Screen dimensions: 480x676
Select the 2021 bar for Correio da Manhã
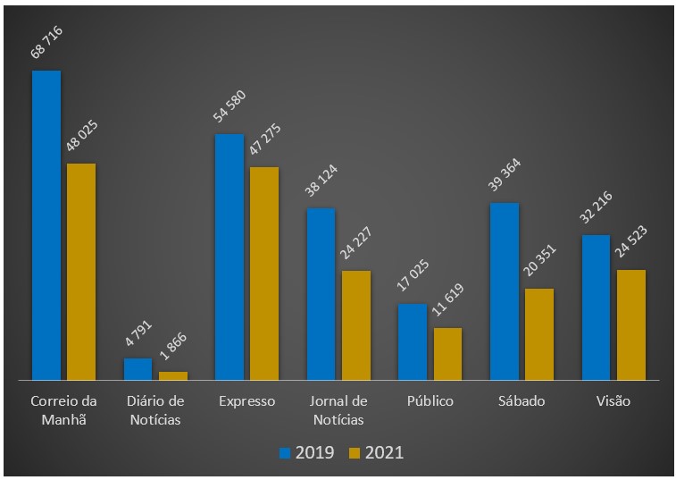coord(81,272)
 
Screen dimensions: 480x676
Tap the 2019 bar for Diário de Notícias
coord(138,369)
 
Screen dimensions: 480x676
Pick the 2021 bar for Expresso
coord(264,274)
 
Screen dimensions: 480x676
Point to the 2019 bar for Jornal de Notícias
coord(321,294)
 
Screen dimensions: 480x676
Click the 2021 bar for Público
coord(447,354)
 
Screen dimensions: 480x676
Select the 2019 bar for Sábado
coord(504,291)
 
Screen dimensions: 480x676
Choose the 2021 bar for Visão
coord(630,324)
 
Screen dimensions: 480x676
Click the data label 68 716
coord(46,43)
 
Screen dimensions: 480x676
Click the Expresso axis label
coord(247,400)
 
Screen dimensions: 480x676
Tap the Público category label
coord(430,400)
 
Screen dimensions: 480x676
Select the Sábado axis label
coord(522,400)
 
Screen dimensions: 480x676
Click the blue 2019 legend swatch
coord(286,452)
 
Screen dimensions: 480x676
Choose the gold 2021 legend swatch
coord(355,452)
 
